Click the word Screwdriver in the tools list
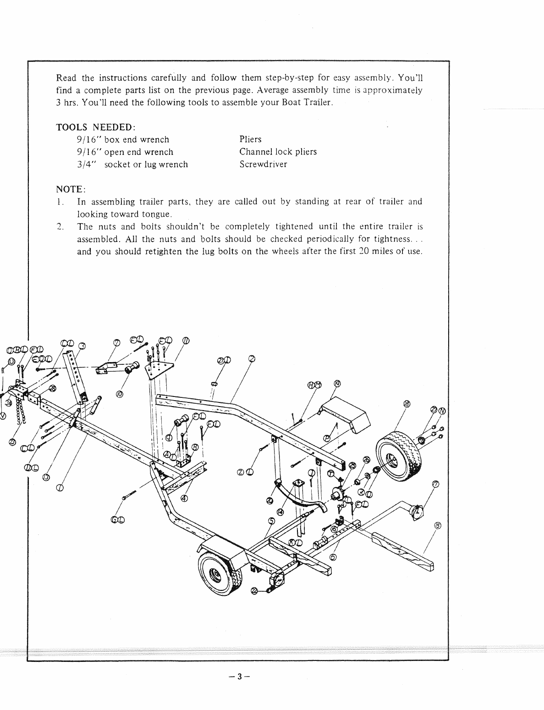tap(263, 165)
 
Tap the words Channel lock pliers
tap(278, 152)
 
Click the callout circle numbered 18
tap(406, 404)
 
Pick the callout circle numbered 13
tap(45, 478)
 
